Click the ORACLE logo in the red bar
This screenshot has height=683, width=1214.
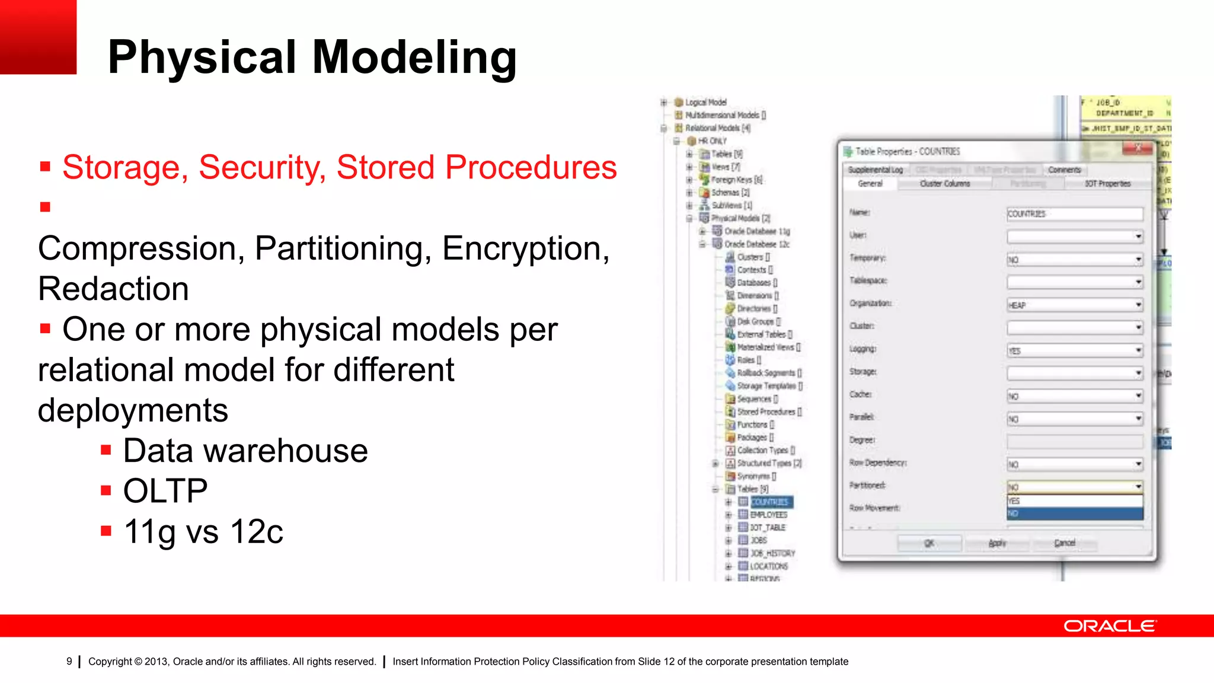tap(1109, 626)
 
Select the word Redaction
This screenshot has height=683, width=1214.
tap(113, 289)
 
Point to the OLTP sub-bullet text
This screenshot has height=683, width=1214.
tap(165, 491)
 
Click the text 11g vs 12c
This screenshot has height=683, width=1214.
tap(203, 531)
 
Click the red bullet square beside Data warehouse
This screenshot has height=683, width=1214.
tap(106, 451)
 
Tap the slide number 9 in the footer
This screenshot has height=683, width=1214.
tap(69, 661)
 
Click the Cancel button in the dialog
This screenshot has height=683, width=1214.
tap(1065, 542)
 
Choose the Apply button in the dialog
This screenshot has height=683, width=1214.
tap(997, 542)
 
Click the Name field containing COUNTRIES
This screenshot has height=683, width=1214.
tap(1074, 214)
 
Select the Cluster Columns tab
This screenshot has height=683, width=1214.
tap(944, 184)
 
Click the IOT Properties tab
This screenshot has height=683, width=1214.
tap(1107, 184)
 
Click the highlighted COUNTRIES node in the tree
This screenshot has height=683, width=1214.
tap(770, 502)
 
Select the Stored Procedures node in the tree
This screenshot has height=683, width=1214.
tap(766, 411)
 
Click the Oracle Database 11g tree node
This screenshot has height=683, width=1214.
tap(756, 231)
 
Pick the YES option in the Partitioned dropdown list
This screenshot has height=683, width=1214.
tap(1074, 501)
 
